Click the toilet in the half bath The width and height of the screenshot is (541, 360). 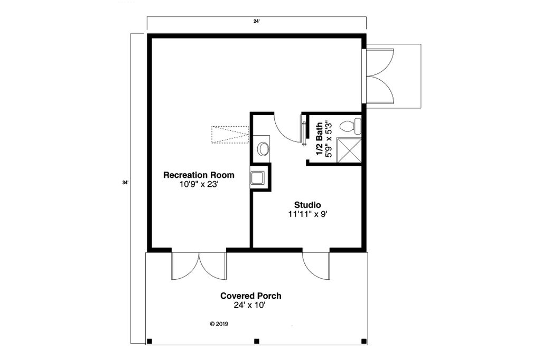point(350,126)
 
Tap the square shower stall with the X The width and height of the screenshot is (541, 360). point(349,150)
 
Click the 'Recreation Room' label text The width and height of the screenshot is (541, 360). point(199,175)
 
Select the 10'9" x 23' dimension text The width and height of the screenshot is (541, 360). point(199,185)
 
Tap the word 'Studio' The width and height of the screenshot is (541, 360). point(307,204)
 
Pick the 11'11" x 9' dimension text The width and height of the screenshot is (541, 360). point(307,214)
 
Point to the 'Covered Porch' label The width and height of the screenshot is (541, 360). point(251,296)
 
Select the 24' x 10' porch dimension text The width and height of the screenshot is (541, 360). point(251,306)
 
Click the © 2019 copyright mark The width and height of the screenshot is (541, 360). point(219,324)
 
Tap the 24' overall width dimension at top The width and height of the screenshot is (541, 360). point(257,22)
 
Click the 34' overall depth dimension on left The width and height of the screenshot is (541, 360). point(125,183)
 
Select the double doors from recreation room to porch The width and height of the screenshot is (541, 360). point(199,265)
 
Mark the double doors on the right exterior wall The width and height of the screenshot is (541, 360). point(379,76)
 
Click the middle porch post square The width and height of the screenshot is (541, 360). point(256,340)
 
